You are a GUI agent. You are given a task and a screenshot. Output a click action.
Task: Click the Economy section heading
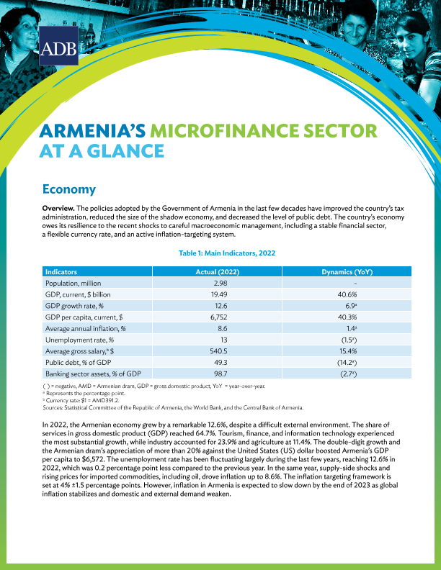(69, 189)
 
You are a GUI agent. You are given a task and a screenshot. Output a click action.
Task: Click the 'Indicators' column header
(62, 273)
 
